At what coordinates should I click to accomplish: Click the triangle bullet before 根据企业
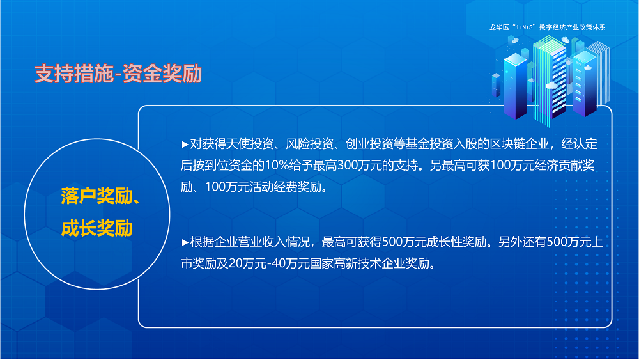tap(185, 242)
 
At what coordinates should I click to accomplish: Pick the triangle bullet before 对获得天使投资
tap(185, 145)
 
